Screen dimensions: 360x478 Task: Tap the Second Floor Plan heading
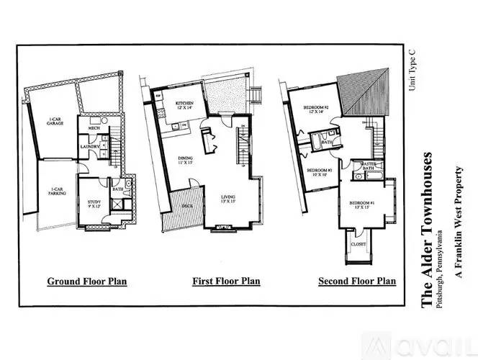357,281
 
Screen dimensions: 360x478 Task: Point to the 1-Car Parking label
58,192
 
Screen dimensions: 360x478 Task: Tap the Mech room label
94,128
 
